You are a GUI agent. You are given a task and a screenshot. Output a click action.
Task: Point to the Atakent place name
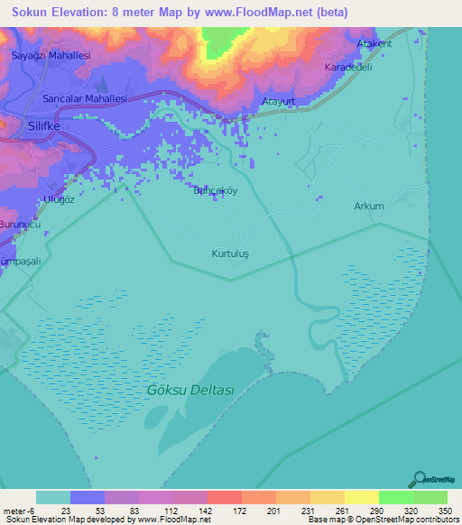click(374, 43)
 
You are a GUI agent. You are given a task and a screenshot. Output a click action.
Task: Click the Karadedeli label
click(348, 67)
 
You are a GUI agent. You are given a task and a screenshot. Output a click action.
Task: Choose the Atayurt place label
click(279, 102)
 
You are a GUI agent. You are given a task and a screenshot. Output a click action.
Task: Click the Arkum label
click(368, 206)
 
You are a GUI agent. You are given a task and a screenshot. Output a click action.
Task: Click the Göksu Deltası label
click(189, 391)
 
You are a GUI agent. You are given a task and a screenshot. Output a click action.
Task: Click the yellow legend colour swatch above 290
click(361, 497)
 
